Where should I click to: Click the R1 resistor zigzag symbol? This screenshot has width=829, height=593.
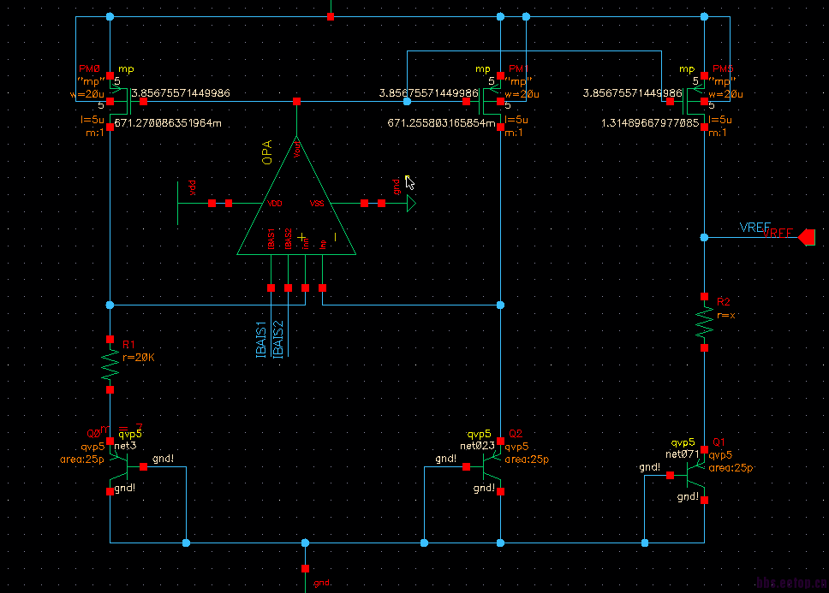click(110, 363)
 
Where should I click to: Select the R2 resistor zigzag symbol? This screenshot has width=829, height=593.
click(704, 323)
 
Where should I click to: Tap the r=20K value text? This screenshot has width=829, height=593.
click(139, 358)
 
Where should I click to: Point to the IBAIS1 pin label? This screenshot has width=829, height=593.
click(261, 339)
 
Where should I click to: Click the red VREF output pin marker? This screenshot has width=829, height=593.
click(805, 238)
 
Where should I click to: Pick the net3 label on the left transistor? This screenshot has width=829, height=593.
click(126, 446)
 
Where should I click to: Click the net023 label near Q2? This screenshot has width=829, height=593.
click(477, 446)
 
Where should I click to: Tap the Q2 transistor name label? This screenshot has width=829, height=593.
click(515, 434)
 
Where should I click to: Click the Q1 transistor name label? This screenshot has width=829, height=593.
click(719, 443)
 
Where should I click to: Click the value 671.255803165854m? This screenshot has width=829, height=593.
click(442, 123)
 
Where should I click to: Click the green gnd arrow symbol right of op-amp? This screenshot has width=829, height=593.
click(411, 204)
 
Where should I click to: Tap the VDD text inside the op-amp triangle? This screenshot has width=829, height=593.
click(275, 204)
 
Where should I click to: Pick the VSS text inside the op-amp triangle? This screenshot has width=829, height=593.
click(317, 204)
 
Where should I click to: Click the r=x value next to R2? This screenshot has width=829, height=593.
click(726, 315)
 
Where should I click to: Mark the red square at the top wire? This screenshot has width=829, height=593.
click(331, 16)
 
